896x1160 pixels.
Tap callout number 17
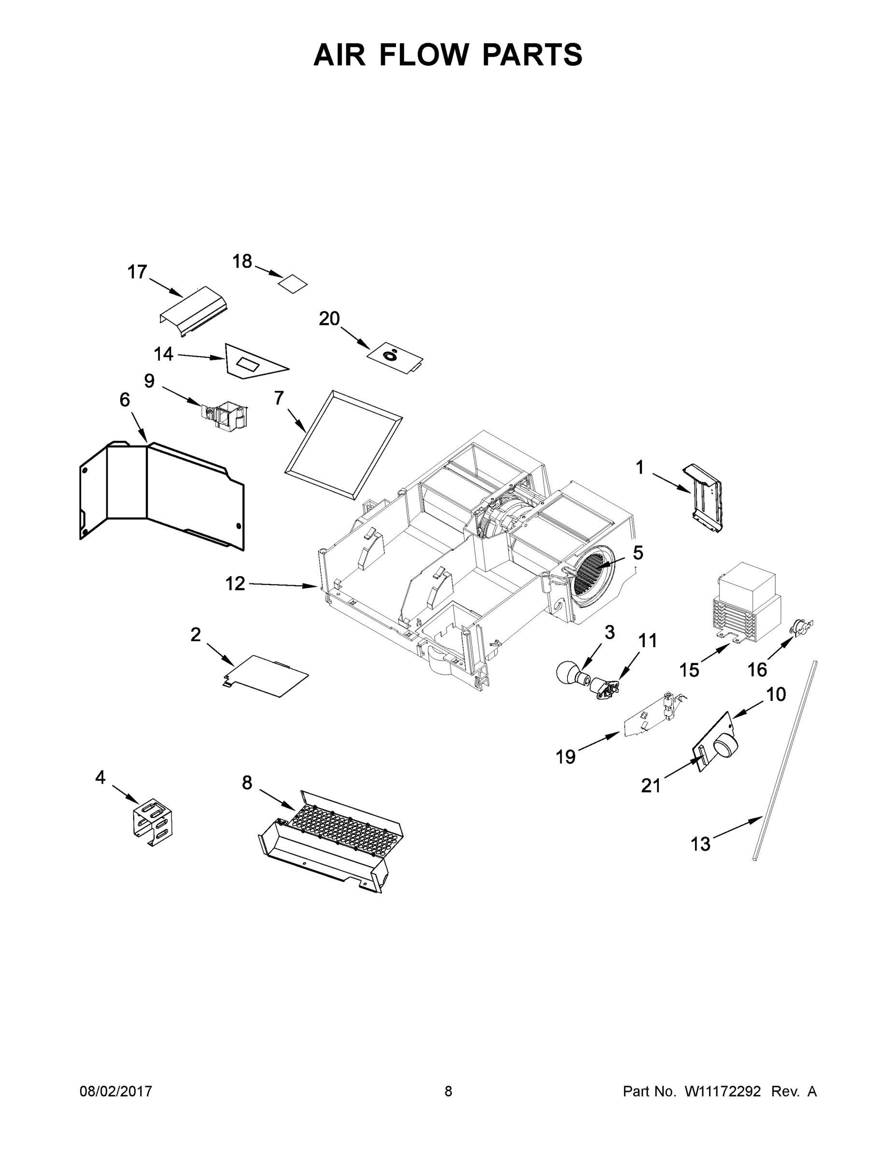(x=137, y=272)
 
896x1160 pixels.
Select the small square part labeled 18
(x=294, y=284)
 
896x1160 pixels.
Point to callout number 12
(x=235, y=584)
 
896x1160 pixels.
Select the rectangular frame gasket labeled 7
(x=343, y=445)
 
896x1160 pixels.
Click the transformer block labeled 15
(x=746, y=602)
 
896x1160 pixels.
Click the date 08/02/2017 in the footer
(x=116, y=1091)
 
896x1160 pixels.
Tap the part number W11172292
(x=723, y=1091)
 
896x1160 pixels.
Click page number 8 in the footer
(x=448, y=1091)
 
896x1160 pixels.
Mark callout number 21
(x=651, y=785)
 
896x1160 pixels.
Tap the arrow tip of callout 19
(x=619, y=734)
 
